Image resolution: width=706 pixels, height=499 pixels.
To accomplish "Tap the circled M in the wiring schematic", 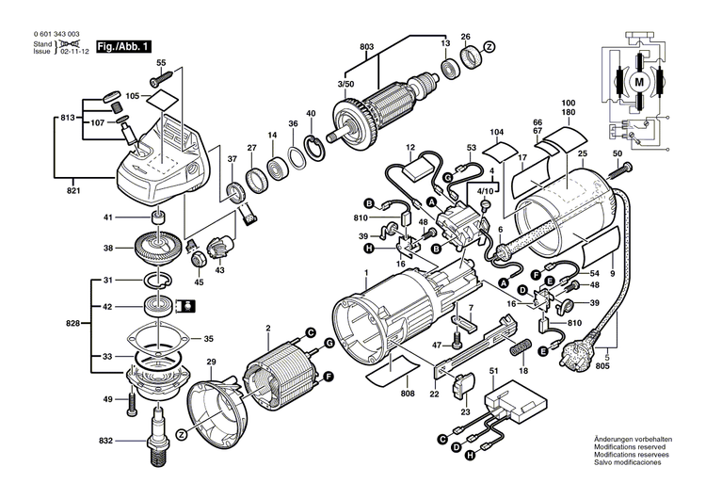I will (640, 82).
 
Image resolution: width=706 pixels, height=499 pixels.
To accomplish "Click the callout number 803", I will (366, 46).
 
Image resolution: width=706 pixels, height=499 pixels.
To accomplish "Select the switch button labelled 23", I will (464, 385).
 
